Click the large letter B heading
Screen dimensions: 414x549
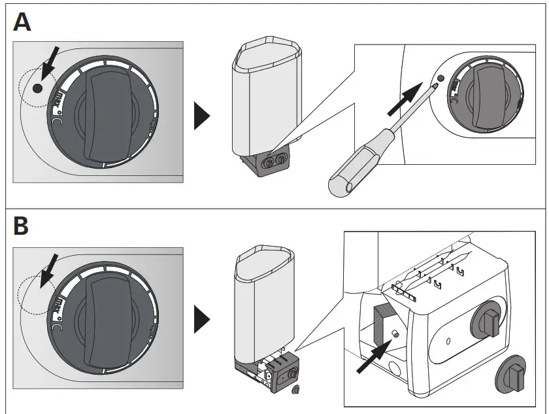point(22,227)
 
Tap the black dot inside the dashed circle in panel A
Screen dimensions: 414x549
point(37,88)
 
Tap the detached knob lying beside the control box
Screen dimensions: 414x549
point(516,375)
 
